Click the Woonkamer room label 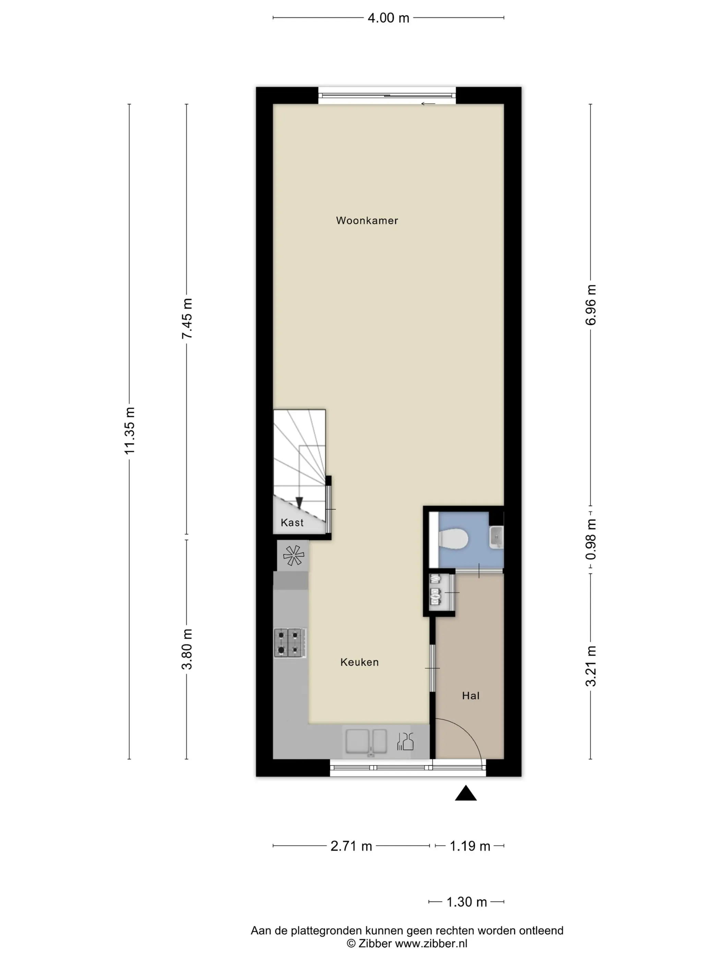click(x=367, y=220)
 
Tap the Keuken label click(x=359, y=662)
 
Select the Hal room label click(x=470, y=696)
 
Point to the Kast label click(x=292, y=523)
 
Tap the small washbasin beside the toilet click(x=496, y=538)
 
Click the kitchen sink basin click(x=366, y=741)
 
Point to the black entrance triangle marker click(x=466, y=793)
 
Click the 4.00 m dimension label click(x=388, y=18)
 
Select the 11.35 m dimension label click(x=130, y=431)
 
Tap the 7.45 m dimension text click(x=187, y=319)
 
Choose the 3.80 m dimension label click(x=187, y=649)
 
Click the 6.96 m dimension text click(x=591, y=305)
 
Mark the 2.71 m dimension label click(x=351, y=846)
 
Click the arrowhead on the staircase click(x=299, y=503)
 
